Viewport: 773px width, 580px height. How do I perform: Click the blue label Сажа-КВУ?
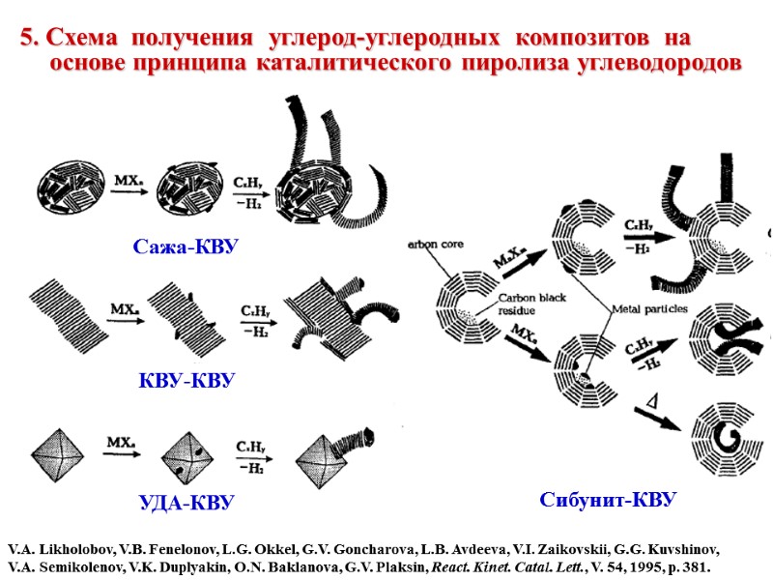pos(185,248)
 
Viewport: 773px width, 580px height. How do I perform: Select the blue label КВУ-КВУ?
pos(185,380)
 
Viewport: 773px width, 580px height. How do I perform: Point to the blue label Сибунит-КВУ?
pos(607,500)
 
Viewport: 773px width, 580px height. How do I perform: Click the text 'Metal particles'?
pos(650,308)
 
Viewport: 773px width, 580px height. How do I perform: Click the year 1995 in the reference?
pos(638,565)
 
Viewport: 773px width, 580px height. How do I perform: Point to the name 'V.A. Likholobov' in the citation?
pos(60,548)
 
